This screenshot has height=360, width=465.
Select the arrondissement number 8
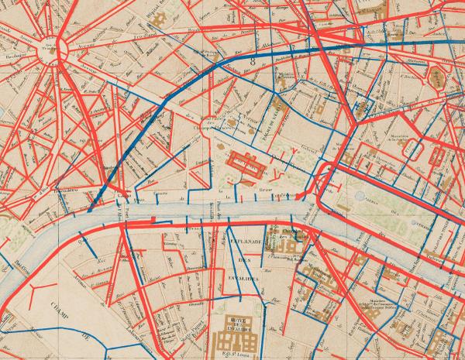click(253, 60)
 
